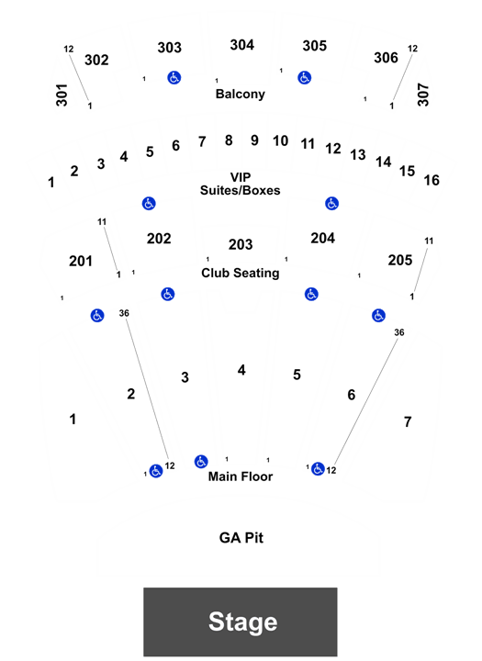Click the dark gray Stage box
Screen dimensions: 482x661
(x=241, y=622)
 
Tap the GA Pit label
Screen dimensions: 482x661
(x=241, y=538)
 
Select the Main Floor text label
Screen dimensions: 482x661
(x=241, y=476)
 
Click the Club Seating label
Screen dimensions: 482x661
(x=241, y=274)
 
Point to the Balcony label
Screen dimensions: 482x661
(x=241, y=94)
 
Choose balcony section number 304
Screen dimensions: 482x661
(x=242, y=45)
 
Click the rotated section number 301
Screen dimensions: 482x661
(x=62, y=95)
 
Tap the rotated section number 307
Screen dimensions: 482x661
(x=423, y=95)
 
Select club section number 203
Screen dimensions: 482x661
(x=241, y=244)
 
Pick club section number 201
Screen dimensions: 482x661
(x=81, y=262)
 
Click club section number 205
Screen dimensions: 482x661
(x=400, y=260)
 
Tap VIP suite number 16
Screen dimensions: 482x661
(x=432, y=181)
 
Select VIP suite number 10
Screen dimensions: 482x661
(x=280, y=140)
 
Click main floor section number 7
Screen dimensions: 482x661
(x=408, y=422)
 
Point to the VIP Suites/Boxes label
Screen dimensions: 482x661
(x=241, y=184)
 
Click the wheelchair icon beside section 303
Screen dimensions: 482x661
(x=174, y=77)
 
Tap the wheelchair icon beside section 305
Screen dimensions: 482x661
(x=305, y=77)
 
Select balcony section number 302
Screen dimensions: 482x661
(x=96, y=60)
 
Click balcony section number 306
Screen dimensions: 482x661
(x=386, y=58)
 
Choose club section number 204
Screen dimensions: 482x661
(x=323, y=238)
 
